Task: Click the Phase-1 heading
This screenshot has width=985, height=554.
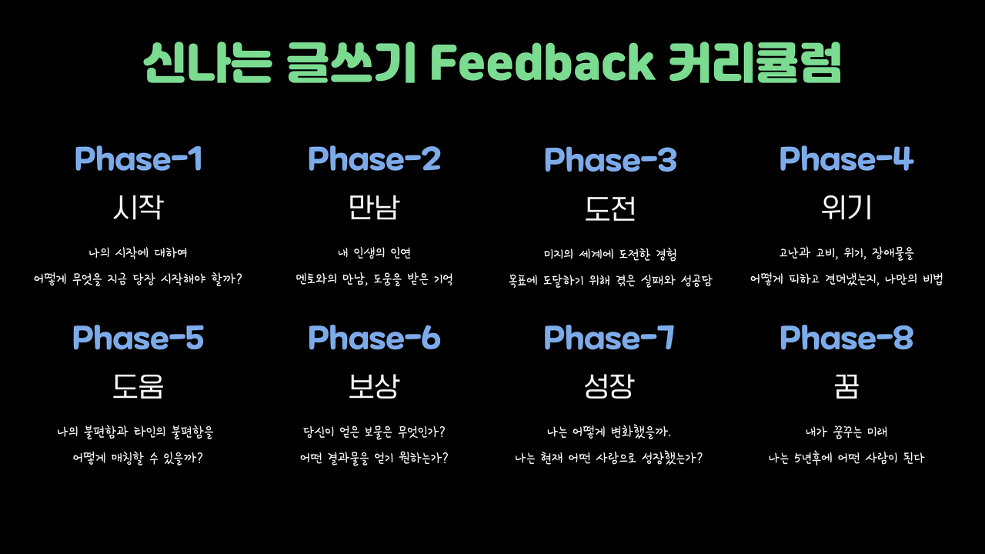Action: tap(139, 159)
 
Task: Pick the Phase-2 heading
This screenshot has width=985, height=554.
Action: tap(374, 159)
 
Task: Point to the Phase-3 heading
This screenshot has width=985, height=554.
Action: tap(610, 159)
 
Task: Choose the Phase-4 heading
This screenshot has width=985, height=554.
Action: tap(846, 159)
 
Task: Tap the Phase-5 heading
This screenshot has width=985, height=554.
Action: tap(138, 338)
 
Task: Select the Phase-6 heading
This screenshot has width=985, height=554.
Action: tap(374, 338)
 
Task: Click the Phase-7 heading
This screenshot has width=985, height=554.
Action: tap(609, 338)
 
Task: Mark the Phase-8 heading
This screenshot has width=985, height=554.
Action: tap(846, 338)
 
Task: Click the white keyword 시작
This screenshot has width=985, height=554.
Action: tap(139, 207)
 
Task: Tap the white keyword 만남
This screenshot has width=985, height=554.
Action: tap(374, 207)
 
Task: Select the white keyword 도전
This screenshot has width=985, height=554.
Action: tap(610, 209)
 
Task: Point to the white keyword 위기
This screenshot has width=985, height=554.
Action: tap(846, 207)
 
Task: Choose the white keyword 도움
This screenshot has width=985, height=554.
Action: tap(138, 386)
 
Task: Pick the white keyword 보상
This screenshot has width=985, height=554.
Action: tap(374, 386)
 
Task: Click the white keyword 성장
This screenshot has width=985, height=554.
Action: tap(609, 386)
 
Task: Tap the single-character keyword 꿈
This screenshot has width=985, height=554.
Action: tap(846, 387)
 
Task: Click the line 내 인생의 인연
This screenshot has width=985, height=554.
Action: tap(374, 253)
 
